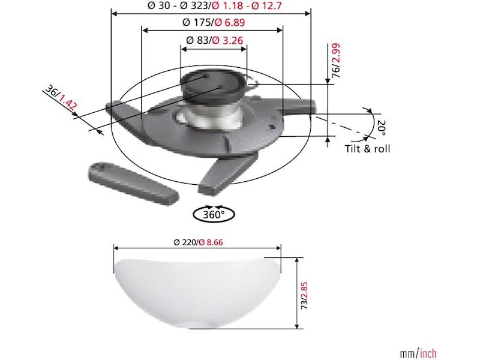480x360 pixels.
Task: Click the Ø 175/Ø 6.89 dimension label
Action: coord(214,22)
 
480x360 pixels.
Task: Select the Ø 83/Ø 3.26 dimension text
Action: coord(214,40)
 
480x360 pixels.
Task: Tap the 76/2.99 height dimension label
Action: coord(336,61)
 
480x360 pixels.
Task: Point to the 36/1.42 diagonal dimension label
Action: coord(61,97)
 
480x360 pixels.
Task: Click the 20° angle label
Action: coord(382,127)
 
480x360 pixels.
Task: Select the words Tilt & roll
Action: coord(368,149)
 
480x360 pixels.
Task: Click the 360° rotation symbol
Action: coord(214,214)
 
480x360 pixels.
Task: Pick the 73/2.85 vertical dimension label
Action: coord(304,295)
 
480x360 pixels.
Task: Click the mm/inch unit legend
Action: coord(418,353)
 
